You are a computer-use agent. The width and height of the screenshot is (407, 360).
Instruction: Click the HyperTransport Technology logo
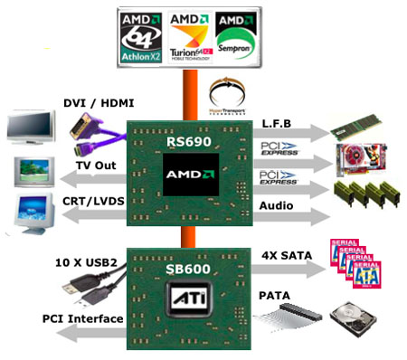pos(228,94)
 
